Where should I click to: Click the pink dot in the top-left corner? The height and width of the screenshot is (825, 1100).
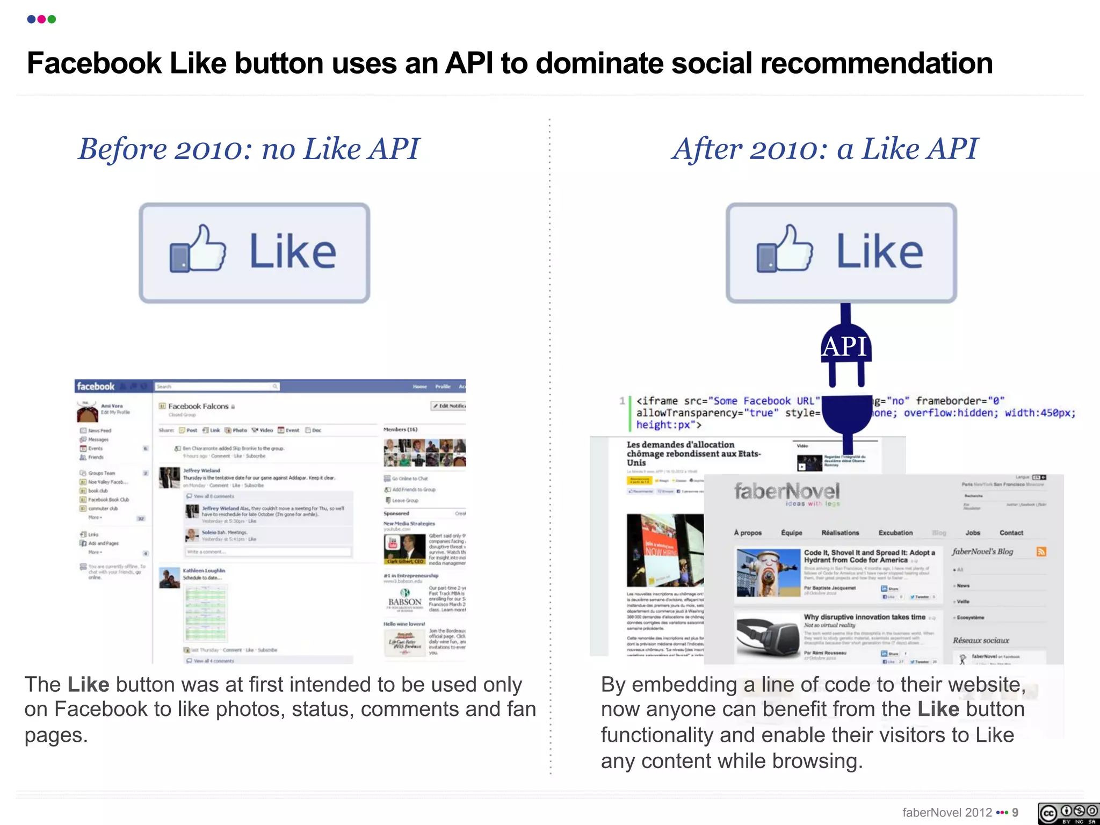[x=41, y=19]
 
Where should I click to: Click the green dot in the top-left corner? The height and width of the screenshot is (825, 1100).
[x=52, y=19]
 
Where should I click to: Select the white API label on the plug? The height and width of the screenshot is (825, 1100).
[x=845, y=346]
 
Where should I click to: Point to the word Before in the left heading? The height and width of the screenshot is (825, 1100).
[x=122, y=149]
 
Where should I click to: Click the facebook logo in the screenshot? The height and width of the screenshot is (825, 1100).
[x=96, y=386]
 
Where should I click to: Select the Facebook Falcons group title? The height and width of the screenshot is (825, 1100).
[x=198, y=407]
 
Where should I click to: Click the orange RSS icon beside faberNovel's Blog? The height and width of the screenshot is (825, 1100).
[x=1041, y=552]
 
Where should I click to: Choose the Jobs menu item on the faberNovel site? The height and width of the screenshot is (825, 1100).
[x=973, y=533]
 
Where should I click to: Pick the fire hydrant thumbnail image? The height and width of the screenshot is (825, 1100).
[x=768, y=573]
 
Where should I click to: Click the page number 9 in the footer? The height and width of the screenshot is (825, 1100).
[x=1015, y=813]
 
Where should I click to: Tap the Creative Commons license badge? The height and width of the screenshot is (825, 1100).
[x=1068, y=813]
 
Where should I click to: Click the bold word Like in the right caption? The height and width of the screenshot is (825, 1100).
[x=938, y=710]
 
